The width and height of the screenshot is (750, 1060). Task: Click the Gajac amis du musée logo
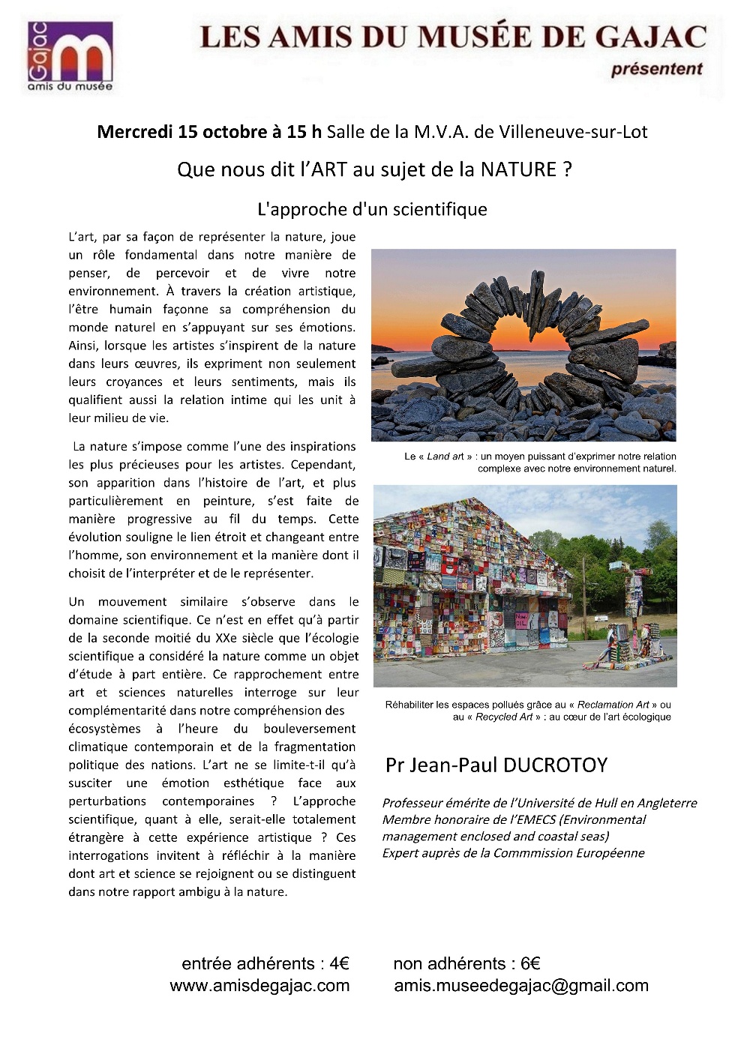click(70, 56)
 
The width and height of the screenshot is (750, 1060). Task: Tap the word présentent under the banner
click(656, 69)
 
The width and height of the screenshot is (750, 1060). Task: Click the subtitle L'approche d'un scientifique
click(372, 209)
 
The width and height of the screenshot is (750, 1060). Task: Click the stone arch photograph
click(523, 345)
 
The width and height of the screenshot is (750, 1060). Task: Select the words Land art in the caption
click(445, 456)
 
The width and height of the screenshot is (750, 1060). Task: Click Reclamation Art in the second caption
click(613, 705)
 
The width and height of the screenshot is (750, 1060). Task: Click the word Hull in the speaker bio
click(606, 803)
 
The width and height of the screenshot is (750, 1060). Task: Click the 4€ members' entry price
click(339, 963)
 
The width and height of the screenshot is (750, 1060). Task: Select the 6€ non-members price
click(530, 963)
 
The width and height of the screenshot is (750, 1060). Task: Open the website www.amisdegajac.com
click(259, 986)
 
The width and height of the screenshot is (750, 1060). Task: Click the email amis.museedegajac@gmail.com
click(521, 986)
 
